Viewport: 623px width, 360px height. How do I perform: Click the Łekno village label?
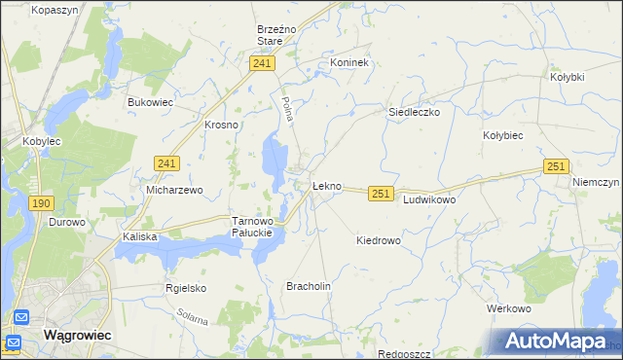pyautogui.click(x=326, y=185)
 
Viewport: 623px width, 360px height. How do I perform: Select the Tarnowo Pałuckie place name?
pyautogui.click(x=257, y=228)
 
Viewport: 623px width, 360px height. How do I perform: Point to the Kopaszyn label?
pyautogui.click(x=55, y=10)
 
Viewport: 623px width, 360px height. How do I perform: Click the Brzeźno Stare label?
pyautogui.click(x=270, y=35)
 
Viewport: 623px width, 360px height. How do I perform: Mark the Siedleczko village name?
pyautogui.click(x=415, y=112)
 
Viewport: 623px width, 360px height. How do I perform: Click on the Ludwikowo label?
pyautogui.click(x=429, y=198)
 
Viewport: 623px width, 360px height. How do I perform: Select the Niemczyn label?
pyautogui.click(x=597, y=182)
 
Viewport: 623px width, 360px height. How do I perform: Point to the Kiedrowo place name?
pyautogui.click(x=379, y=239)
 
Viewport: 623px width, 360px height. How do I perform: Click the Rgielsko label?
pyautogui.click(x=186, y=288)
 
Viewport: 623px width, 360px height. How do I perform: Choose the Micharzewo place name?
pyautogui.click(x=174, y=190)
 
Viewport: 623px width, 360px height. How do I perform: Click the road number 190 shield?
pyautogui.click(x=41, y=202)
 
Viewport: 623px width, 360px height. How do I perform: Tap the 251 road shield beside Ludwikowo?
pyautogui.click(x=381, y=195)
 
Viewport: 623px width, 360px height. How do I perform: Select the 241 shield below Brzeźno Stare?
pyautogui.click(x=261, y=63)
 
